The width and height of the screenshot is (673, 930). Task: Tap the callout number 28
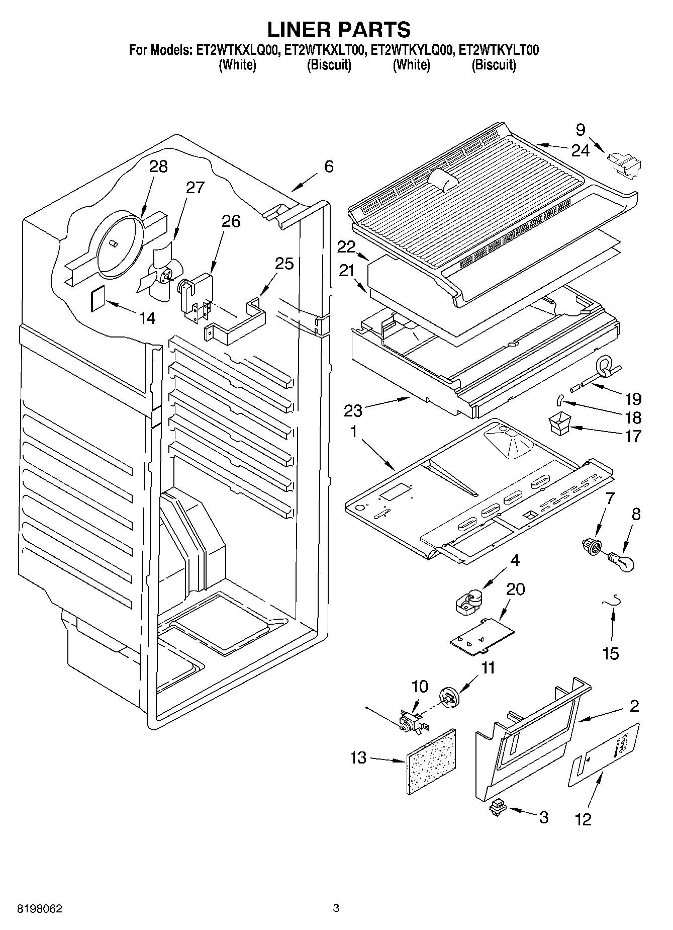[158, 167]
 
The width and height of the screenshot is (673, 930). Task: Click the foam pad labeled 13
[431, 762]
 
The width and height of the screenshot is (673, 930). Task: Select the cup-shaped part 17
[557, 422]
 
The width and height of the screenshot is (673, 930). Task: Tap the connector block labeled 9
[625, 164]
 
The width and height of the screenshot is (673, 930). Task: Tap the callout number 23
[352, 410]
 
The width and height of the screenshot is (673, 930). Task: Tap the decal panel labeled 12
[604, 754]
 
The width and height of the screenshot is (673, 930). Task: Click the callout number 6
[328, 166]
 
